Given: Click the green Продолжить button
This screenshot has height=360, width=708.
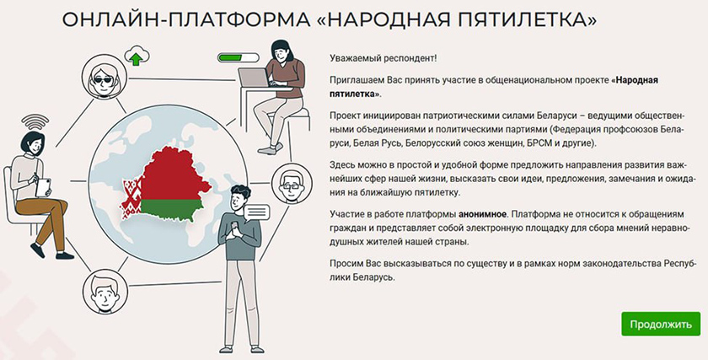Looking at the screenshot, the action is pos(661,324).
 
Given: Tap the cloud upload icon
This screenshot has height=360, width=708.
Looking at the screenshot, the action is pos(137,56).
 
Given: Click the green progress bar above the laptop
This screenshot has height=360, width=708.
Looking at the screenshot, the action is pos(238,58).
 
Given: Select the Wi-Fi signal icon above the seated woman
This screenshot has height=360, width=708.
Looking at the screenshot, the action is pos(35,121).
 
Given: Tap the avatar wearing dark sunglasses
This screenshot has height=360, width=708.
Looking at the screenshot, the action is pos(105,77).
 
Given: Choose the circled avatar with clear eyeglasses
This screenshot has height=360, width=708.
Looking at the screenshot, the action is pos(292,184).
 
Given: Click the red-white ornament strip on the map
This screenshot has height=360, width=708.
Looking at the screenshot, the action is pos(131,200).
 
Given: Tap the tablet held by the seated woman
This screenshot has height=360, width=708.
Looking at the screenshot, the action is pos(44,187).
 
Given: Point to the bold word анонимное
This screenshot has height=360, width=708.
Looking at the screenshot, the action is pos(482,213).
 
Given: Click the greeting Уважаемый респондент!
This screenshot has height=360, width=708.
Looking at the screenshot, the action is pos(383,58).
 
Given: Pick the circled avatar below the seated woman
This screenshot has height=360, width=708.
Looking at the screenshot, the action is pos(105,292).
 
